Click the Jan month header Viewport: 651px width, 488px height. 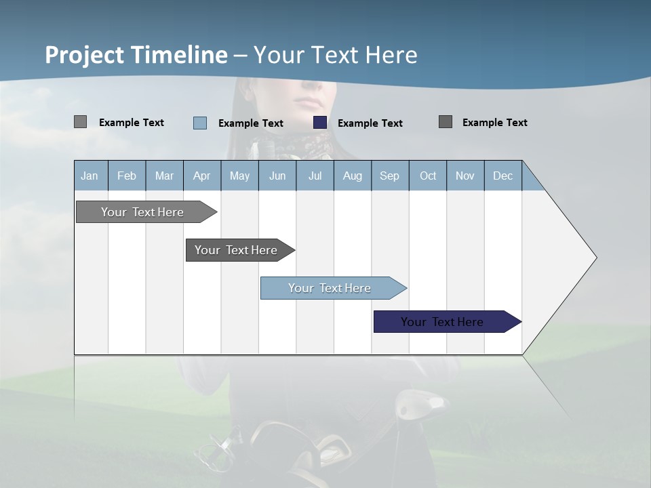click(90, 176)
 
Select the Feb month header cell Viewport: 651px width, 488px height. click(127, 176)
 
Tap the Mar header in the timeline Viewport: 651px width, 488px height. click(164, 176)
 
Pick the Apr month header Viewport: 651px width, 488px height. click(202, 176)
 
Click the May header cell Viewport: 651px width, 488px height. click(239, 176)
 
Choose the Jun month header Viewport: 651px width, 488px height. click(277, 176)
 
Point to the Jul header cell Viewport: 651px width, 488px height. click(315, 176)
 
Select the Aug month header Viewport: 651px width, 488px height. click(353, 176)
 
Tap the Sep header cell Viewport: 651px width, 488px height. click(390, 176)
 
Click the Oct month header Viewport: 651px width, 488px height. click(428, 176)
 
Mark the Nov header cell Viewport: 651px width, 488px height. click(465, 176)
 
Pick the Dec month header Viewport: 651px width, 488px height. click(503, 176)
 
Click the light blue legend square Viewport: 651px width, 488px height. click(200, 123)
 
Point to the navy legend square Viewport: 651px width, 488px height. click(320, 123)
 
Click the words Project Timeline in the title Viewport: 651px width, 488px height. click(136, 55)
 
